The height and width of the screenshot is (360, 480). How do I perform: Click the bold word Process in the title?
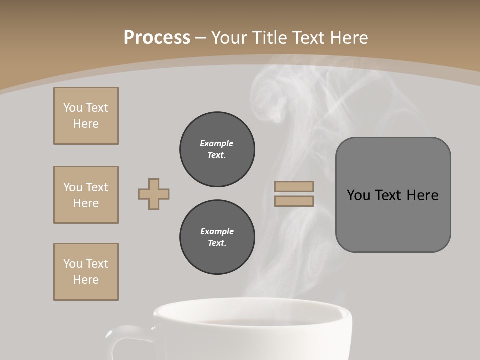tap(157, 38)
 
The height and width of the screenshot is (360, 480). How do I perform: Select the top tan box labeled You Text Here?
tap(86, 116)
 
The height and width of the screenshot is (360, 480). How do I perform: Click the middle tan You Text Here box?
tap(86, 195)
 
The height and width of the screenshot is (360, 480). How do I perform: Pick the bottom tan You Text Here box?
tap(86, 272)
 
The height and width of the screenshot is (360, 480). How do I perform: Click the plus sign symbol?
tap(154, 194)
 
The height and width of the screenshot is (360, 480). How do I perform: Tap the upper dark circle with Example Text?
tap(217, 149)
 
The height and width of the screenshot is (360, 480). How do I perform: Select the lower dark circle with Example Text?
tap(217, 237)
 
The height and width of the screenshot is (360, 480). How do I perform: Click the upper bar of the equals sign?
tap(294, 186)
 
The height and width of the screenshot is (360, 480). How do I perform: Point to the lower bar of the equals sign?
tap(294, 201)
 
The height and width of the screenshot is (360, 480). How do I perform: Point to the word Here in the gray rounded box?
tap(422, 195)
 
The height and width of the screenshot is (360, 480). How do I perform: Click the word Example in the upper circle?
tap(217, 143)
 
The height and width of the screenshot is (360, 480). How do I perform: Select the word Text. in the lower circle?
tap(217, 243)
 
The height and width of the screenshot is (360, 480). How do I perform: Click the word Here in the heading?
tap(347, 38)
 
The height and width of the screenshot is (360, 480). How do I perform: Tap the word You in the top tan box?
tap(72, 108)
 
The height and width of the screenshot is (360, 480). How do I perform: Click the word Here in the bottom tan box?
tap(86, 280)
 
